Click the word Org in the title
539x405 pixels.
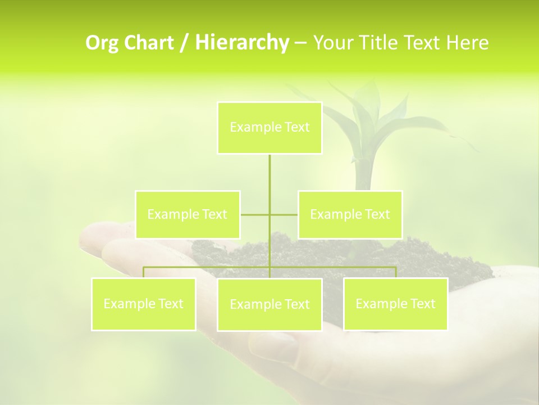[x=102, y=43]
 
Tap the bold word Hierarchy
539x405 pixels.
[x=241, y=43]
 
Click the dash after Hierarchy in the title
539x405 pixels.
[x=300, y=43]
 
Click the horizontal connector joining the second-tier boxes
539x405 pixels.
[x=256, y=214]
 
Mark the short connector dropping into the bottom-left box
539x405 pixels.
[x=143, y=272]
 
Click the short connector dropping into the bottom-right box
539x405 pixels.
[x=396, y=272]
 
